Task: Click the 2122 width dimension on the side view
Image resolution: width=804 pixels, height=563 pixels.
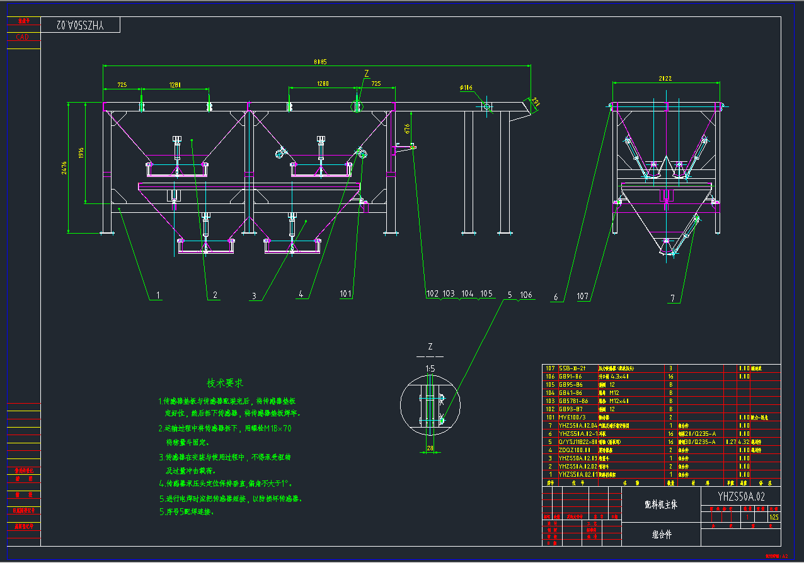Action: (x=665, y=79)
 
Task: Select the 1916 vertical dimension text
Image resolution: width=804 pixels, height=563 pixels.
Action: (x=81, y=153)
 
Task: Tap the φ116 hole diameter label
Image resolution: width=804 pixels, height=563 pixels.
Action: (x=466, y=88)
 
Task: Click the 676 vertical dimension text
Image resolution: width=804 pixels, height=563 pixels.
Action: (x=407, y=128)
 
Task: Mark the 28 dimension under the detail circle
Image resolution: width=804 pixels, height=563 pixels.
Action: (x=430, y=448)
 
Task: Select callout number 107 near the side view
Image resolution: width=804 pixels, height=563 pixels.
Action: (x=582, y=296)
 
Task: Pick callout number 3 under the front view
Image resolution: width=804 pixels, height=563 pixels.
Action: (x=254, y=295)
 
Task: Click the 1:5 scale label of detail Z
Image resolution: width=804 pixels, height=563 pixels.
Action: (x=430, y=368)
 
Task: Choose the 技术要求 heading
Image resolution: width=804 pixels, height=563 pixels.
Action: (x=225, y=383)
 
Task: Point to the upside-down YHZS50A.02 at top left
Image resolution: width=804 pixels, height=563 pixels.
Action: (x=80, y=25)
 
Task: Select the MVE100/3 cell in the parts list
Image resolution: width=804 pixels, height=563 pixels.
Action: (x=572, y=417)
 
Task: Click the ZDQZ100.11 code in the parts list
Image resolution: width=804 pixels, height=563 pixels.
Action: (x=575, y=450)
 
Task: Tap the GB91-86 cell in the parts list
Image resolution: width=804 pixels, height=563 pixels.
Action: (x=571, y=376)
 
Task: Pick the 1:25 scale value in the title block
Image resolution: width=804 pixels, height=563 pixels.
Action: (x=774, y=516)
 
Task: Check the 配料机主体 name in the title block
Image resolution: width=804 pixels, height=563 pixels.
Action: (x=660, y=505)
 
